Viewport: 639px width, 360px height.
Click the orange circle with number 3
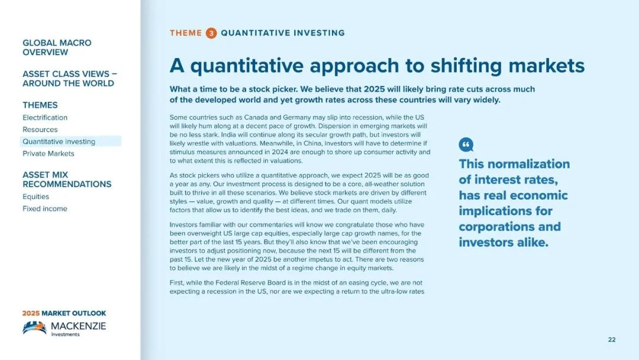(x=211, y=33)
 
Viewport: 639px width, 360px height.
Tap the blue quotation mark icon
(x=466, y=144)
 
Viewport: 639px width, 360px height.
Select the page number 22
(x=612, y=340)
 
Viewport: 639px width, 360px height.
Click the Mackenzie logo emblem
(x=35, y=327)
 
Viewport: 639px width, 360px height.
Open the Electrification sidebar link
(x=45, y=117)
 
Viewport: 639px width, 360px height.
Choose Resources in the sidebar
(x=40, y=130)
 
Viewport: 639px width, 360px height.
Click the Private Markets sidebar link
(x=48, y=154)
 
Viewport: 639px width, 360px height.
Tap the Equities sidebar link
(x=36, y=197)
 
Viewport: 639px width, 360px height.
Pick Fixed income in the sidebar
(x=45, y=209)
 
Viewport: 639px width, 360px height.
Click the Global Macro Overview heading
(x=57, y=47)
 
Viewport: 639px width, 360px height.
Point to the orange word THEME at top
(x=186, y=33)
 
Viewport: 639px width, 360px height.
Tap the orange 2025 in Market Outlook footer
(x=31, y=313)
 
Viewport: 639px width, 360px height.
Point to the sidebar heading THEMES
(x=40, y=105)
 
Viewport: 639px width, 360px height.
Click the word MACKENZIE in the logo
(x=78, y=326)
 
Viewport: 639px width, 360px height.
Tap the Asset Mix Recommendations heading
(x=67, y=179)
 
